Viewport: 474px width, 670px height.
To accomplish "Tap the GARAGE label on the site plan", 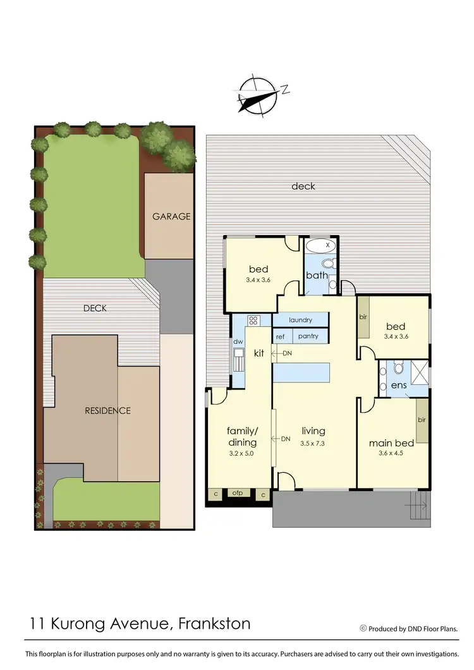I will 171,216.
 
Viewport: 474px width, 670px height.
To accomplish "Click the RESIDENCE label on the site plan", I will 107,410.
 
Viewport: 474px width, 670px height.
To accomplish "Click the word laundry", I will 301,320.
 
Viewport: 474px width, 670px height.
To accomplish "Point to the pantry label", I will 308,336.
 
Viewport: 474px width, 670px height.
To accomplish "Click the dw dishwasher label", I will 238,342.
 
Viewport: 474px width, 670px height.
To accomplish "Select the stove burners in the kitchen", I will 253,320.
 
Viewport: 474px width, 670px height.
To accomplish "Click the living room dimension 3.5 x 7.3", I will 312,443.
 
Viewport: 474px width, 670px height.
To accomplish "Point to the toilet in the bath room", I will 328,263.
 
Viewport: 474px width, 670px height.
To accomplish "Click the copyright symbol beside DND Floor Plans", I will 363,628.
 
